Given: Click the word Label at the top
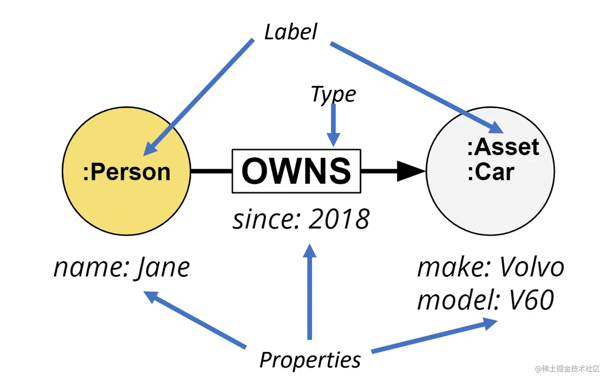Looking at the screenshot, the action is point(290,32).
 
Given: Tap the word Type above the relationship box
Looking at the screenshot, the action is point(333,95).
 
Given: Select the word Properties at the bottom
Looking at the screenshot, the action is point(310,360).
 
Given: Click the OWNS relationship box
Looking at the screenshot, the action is point(296,171).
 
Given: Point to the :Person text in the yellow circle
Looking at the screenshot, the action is point(127,172).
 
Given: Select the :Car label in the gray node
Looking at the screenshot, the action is point(491,172).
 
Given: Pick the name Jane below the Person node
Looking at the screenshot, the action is point(163,268).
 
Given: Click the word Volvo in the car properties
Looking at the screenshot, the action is point(531,267).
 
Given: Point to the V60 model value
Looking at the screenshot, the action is point(531,300).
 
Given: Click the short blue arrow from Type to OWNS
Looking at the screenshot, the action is point(333,125).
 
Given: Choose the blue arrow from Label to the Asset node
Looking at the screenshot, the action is point(416,87).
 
